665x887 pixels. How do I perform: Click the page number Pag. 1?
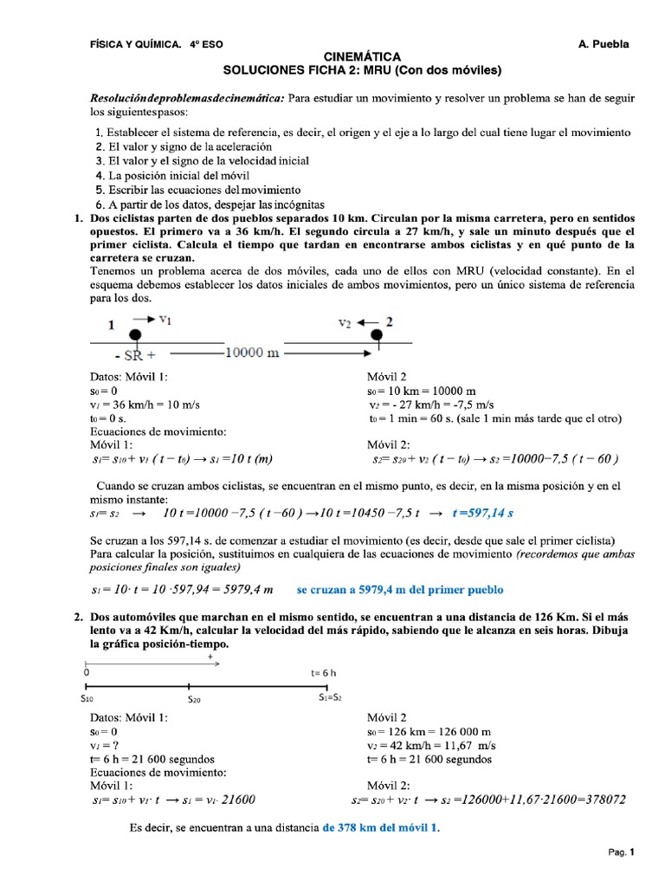[x=622, y=852]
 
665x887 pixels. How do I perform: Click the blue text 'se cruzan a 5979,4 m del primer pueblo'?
[x=400, y=590]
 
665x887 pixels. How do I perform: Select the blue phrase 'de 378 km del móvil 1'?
[x=381, y=828]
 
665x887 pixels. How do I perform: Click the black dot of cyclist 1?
[x=135, y=335]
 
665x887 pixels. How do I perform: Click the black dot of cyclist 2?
[x=376, y=335]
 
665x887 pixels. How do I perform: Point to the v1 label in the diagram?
[x=164, y=320]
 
